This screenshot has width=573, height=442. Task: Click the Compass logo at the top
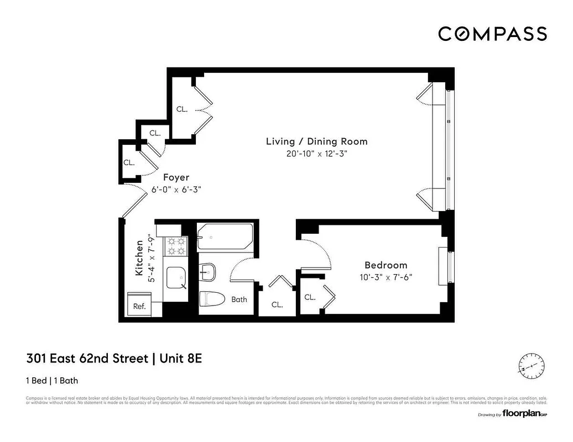click(492, 34)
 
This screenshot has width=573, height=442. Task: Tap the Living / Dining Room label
click(316, 141)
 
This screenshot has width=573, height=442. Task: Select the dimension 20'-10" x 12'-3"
click(316, 155)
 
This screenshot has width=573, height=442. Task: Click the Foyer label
click(176, 177)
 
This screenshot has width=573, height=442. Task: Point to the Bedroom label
click(386, 265)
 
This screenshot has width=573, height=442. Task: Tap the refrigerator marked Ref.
click(139, 306)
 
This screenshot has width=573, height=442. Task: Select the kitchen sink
click(176, 277)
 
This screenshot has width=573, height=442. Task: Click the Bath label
click(239, 299)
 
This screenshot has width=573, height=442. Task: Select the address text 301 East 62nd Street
click(87, 359)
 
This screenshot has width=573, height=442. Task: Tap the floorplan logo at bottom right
click(524, 414)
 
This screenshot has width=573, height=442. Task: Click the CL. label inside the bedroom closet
click(310, 297)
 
